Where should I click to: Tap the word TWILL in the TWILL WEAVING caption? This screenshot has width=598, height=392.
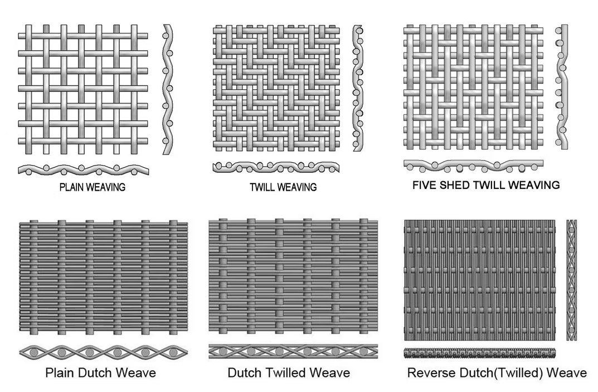pos(262,187)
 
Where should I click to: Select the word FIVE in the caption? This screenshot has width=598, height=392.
pos(422,185)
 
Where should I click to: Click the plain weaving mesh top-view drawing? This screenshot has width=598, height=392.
pos(83,89)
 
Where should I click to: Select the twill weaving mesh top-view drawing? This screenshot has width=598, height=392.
pos(276,88)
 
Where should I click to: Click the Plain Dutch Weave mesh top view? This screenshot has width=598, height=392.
pos(103,278)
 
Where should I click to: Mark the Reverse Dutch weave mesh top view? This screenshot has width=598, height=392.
pos(480,280)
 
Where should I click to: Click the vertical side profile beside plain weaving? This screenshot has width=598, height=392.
pos(167,89)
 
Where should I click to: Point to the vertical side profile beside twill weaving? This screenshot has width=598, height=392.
pos(357,88)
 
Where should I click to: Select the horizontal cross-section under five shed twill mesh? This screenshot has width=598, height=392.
pos(473,165)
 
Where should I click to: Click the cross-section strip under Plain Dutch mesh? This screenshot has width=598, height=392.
pos(103,352)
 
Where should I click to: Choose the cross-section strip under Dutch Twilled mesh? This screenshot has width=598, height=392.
pos(293,351)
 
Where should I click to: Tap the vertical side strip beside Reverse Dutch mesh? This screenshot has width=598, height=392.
pos(571,280)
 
